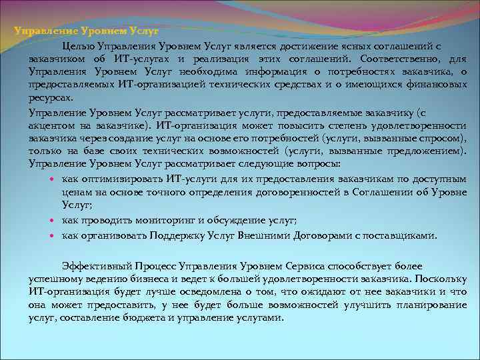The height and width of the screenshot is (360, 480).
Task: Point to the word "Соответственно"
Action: click(397, 59)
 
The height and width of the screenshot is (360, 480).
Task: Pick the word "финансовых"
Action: click(435, 85)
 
